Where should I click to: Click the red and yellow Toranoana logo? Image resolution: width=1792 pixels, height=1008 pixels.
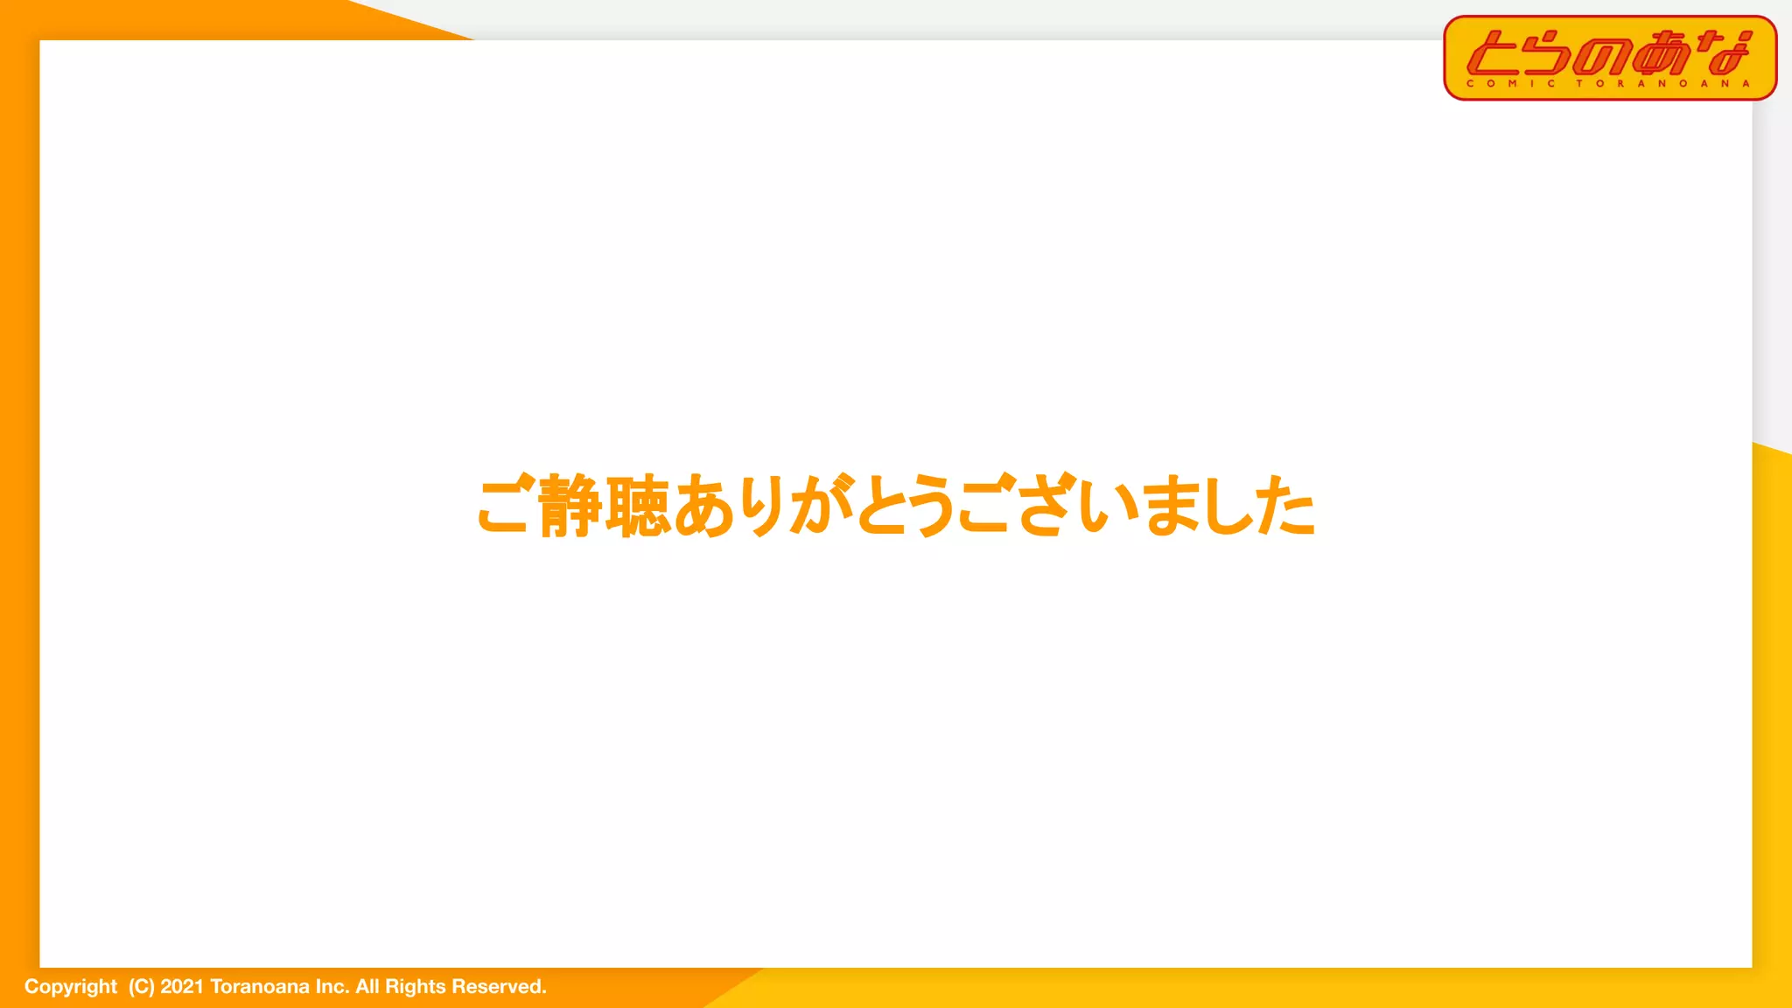[1610, 57]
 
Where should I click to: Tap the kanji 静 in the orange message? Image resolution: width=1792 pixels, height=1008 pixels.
[570, 506]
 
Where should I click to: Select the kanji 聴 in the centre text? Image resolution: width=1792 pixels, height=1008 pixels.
[638, 506]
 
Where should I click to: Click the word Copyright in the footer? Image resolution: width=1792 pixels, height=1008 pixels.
[70, 987]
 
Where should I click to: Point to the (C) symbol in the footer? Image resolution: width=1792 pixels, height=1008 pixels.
[141, 987]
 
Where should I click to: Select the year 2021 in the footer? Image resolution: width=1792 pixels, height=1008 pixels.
[182, 987]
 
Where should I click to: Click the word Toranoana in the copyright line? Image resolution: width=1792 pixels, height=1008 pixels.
[260, 987]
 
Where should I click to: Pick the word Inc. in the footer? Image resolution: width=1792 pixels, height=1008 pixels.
[332, 987]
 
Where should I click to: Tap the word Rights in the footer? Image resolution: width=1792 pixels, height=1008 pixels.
[415, 987]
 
